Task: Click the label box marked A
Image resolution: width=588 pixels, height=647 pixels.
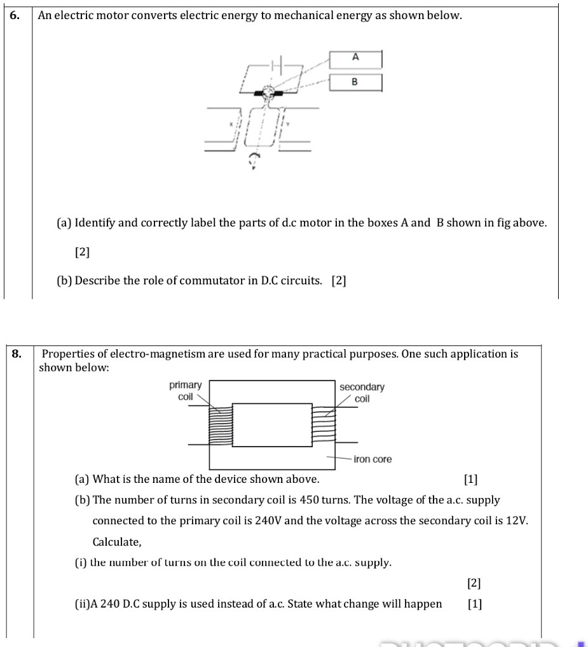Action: [x=355, y=59]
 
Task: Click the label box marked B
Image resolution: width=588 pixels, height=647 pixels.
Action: [x=355, y=82]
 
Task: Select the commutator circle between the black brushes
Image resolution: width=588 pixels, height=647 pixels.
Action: [x=269, y=94]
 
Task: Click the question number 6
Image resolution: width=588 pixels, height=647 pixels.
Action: [x=14, y=15]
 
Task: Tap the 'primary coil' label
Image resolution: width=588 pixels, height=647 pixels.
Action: [x=185, y=391]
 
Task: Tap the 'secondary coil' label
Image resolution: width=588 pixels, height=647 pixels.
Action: [x=362, y=393]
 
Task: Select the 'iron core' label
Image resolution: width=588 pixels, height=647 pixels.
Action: [x=373, y=459]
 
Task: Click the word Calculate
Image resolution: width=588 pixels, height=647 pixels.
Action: [x=116, y=542]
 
